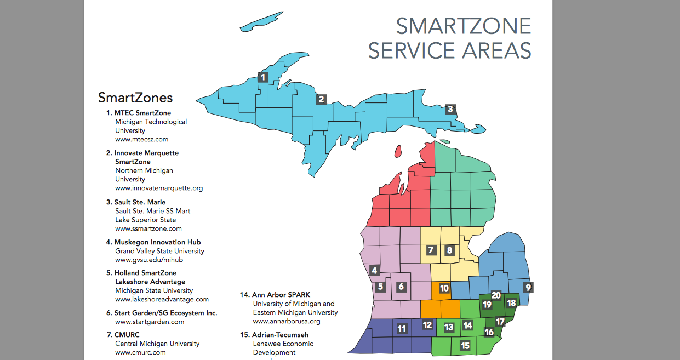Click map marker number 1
pos(263,77)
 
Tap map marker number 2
pos(322,99)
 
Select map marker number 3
pos(450,108)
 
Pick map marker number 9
pos(528,287)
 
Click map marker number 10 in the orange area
pos(444,288)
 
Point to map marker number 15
pos(465,345)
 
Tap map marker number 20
pos(496,295)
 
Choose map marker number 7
pos(431,250)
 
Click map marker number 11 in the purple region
pos(402,329)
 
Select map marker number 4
pos(375,270)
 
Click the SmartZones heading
pos(135,98)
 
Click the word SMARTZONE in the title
pos(463,26)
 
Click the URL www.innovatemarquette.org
pos(159,188)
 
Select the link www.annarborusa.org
pos(287,321)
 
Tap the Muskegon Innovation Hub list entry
pos(157,242)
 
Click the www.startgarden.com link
pos(150,322)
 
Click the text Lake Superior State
pos(145,220)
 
